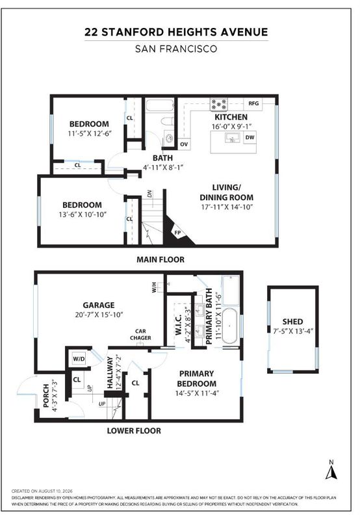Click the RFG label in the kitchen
coord(253,103)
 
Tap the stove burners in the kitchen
coord(219,105)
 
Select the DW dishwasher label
coord(250,137)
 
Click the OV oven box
coord(184,144)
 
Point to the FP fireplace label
coord(177,233)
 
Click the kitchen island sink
coord(233,138)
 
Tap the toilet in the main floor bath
coord(168,121)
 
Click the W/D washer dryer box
coord(79,359)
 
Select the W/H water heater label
coord(154,287)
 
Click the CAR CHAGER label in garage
coord(140,334)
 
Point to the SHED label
coord(292,321)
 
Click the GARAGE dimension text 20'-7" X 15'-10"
coord(99,315)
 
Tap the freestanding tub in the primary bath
coord(229,326)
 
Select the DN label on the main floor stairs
coord(149,194)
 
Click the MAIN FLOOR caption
coord(161,259)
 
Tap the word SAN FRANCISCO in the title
coord(176,49)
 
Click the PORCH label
coord(45,396)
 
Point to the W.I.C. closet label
coord(178,325)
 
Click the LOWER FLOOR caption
coord(134,431)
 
